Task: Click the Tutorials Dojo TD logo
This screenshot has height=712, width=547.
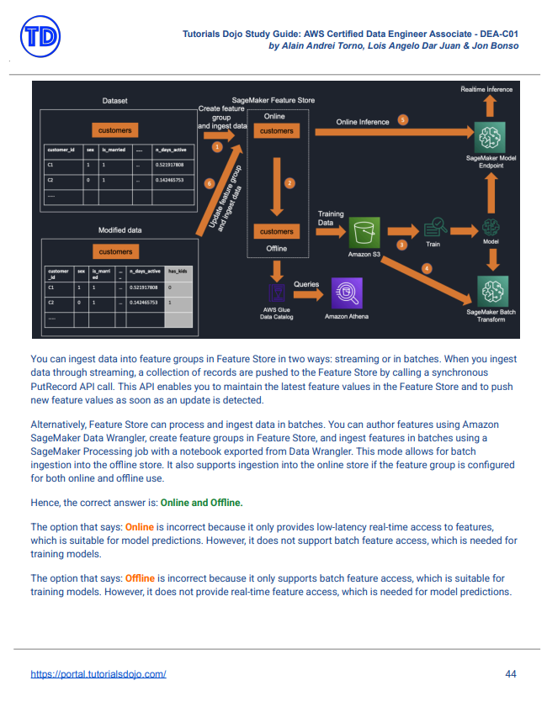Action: click(x=40, y=38)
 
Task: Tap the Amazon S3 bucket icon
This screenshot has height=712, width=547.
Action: click(x=365, y=232)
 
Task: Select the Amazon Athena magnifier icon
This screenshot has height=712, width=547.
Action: click(x=345, y=293)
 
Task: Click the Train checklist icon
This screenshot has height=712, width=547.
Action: click(x=435, y=227)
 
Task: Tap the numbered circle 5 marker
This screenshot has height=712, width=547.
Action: click(x=403, y=120)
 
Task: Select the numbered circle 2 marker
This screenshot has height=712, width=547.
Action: click(x=289, y=182)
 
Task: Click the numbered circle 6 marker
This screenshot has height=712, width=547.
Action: click(x=210, y=182)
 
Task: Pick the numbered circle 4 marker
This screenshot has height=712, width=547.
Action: click(x=427, y=268)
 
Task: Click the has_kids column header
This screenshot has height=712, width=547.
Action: click(x=178, y=272)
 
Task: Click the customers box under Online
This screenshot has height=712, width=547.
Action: click(x=277, y=131)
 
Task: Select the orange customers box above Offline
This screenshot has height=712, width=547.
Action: click(x=277, y=231)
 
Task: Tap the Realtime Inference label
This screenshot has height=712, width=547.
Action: click(x=486, y=88)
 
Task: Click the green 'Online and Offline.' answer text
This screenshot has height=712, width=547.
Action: click(x=202, y=503)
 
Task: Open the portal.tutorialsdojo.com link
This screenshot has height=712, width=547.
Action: click(x=98, y=674)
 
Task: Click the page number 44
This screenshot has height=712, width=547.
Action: click(x=511, y=674)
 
